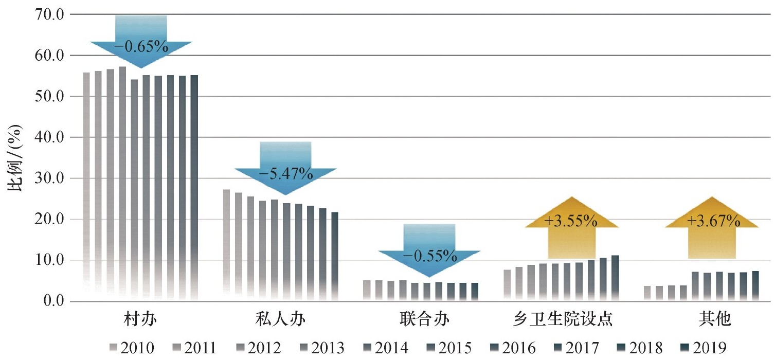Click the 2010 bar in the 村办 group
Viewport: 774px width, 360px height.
pyautogui.click(x=86, y=185)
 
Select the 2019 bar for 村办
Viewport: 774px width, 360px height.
pyautogui.click(x=194, y=188)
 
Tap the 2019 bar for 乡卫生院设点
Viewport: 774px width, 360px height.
pyautogui.click(x=615, y=278)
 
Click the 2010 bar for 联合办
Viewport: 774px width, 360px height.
pyautogui.click(x=367, y=291)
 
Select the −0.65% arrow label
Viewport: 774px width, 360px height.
pyautogui.click(x=141, y=47)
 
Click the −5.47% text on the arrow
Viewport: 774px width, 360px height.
pyautogui.click(x=285, y=174)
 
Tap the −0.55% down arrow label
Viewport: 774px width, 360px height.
pyautogui.click(x=429, y=256)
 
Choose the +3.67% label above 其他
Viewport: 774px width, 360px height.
pyautogui.click(x=712, y=222)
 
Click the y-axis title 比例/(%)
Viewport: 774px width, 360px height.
pyautogui.click(x=15, y=157)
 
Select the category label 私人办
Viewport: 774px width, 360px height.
pyautogui.click(x=280, y=320)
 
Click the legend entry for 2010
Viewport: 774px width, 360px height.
pyautogui.click(x=133, y=348)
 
